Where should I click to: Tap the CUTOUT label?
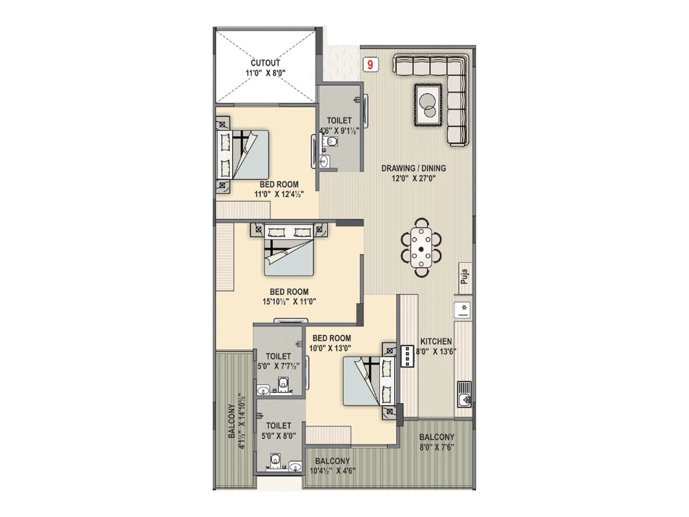[265, 63]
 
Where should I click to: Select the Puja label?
[464, 276]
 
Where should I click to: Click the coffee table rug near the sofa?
[428, 105]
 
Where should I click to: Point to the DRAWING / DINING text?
[413, 168]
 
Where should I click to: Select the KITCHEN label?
[436, 341]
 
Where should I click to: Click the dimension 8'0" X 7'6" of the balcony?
[437, 447]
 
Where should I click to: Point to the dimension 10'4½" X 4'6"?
[332, 471]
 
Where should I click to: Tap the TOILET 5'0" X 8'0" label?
[279, 430]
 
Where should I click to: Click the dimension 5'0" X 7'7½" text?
[278, 366]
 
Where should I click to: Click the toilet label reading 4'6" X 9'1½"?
[339, 125]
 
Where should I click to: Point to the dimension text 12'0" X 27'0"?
[413, 179]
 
